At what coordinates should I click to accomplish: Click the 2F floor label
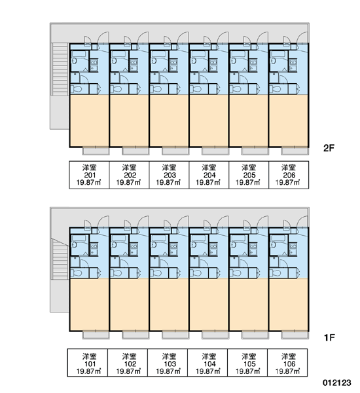tap(329, 148)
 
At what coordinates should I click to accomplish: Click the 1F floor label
tap(329, 337)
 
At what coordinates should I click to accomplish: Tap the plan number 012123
tap(336, 383)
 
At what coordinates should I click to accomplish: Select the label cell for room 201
tap(89, 175)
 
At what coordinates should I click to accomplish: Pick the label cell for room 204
tap(209, 175)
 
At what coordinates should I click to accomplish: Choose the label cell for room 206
tap(289, 175)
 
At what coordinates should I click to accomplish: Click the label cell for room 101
tap(88, 362)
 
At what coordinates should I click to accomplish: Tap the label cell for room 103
tap(168, 362)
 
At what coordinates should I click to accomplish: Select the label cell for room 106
tap(287, 362)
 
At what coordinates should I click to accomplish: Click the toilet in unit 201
tap(76, 89)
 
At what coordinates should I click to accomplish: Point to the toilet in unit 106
tap(275, 272)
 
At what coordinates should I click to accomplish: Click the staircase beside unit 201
tap(60, 69)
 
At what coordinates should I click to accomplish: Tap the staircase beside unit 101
tap(60, 259)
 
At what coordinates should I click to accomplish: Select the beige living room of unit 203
tap(169, 121)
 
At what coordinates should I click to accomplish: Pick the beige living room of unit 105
tap(249, 305)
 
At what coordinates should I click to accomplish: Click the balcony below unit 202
tap(135, 151)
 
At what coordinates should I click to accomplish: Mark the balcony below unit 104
tap(215, 335)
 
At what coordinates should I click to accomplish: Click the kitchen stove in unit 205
tap(253, 65)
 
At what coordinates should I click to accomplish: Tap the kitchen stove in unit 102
tap(134, 249)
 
